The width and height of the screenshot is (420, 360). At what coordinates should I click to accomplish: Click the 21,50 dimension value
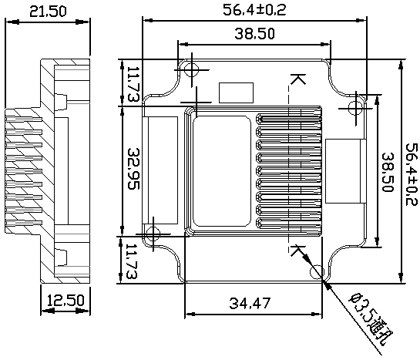point(48,12)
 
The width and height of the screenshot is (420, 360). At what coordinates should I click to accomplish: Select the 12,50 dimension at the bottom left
point(66,301)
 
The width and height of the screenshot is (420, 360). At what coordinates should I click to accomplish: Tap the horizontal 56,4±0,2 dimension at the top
point(254,10)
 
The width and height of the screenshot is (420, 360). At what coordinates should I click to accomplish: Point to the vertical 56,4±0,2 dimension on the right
point(412,174)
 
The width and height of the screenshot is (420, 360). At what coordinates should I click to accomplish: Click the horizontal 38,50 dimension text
point(255,34)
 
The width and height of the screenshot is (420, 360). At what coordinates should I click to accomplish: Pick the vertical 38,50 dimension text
point(388,172)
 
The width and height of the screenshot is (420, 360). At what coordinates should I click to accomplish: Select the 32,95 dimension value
point(133,169)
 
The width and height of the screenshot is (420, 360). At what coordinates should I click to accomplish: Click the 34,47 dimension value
point(250,304)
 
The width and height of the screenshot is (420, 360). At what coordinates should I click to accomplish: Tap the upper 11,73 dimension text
point(133,84)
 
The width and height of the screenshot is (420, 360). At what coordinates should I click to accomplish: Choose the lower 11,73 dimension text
point(131,261)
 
